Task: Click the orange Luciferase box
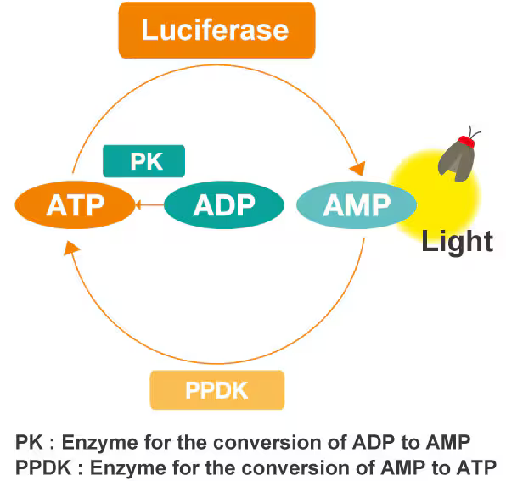pos(216,31)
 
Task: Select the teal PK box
pos(144,161)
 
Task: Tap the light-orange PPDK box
pos(217,390)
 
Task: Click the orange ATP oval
pos(76,205)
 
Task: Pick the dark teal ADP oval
pos(224,205)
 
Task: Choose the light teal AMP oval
pos(357,205)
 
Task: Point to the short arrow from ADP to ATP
pos(149,205)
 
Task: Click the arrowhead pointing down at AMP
pos(358,168)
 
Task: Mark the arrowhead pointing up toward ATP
pos(71,249)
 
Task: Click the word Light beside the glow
pos(458,241)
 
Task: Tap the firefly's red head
pos(466,142)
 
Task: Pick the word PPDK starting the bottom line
pos(43,467)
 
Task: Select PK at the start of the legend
pos(29,442)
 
